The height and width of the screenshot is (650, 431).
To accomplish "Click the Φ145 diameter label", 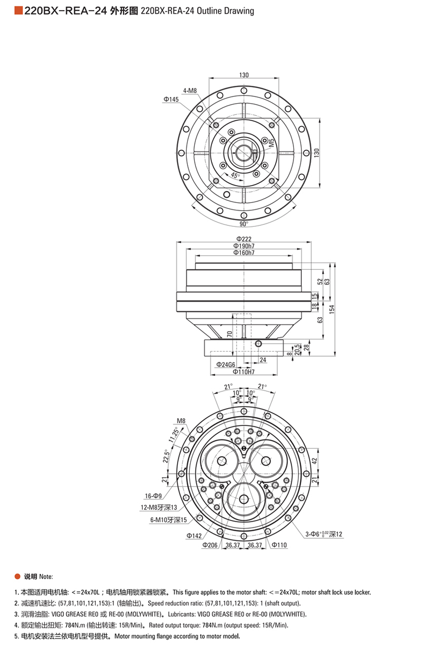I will [171, 99].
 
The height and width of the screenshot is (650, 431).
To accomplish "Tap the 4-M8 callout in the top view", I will [190, 91].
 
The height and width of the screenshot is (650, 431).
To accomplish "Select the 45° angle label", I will [236, 175].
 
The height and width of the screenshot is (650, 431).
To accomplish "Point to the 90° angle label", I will [244, 224].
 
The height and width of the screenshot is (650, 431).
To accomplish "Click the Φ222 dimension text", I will [244, 239].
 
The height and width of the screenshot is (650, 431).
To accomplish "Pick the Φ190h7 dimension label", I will [244, 246].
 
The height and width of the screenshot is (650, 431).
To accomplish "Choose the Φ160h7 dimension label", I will [244, 253].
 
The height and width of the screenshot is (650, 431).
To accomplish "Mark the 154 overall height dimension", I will [332, 309].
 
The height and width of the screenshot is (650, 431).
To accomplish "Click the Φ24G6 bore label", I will [226, 364].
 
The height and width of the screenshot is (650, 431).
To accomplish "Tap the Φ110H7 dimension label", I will [244, 372].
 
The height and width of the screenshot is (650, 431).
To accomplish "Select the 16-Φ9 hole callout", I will [153, 496].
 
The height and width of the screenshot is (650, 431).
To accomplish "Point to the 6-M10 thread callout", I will [169, 520].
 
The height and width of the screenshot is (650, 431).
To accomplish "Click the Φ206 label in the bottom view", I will [210, 545].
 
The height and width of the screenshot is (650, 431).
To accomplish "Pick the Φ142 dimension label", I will [194, 536].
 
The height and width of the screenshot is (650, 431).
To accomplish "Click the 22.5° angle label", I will [166, 456].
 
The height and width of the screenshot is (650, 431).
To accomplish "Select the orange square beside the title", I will [18, 11].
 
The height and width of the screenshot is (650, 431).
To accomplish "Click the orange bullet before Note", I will [17, 576].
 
